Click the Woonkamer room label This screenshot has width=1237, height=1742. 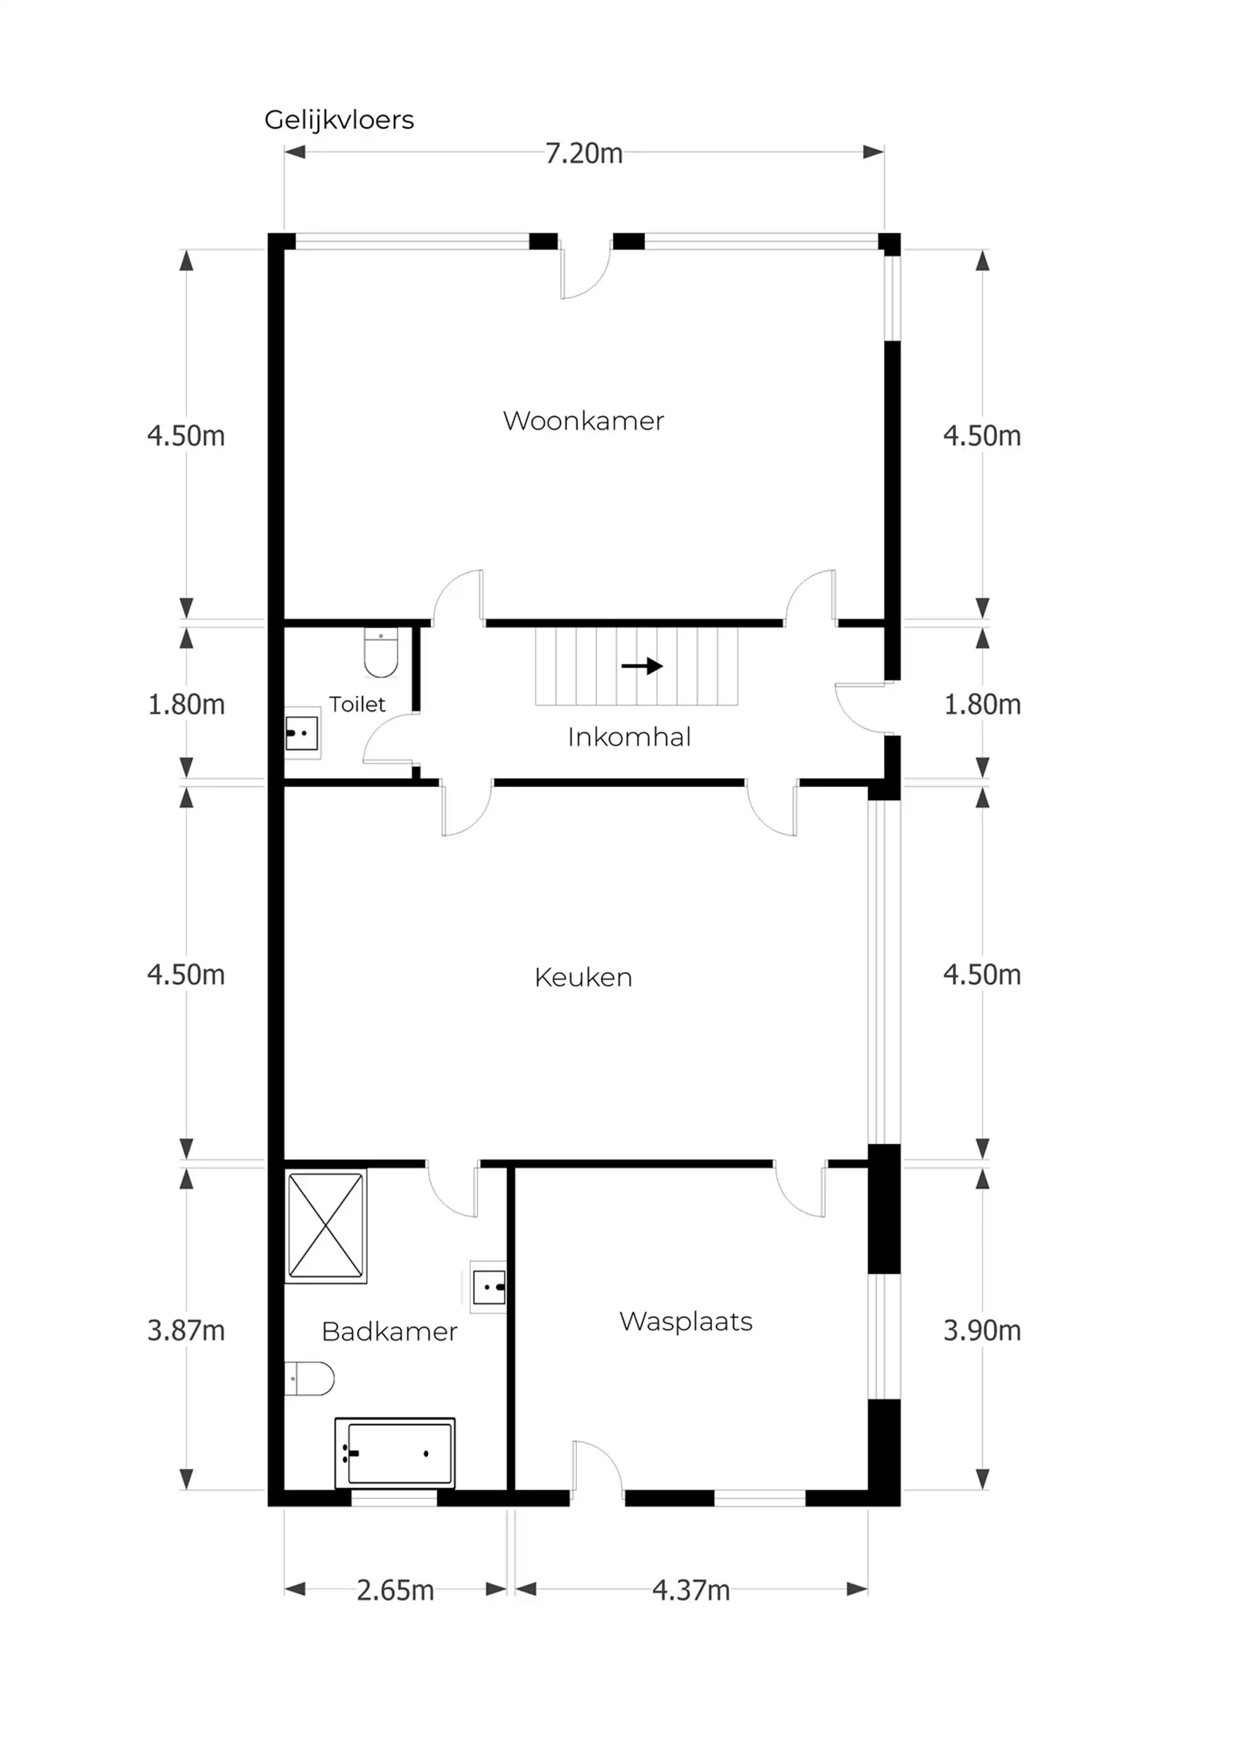tap(583, 421)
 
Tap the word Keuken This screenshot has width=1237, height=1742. tap(583, 977)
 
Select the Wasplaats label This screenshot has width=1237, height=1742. tap(685, 1321)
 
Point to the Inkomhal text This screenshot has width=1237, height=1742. tap(629, 737)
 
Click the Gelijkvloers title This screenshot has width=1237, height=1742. tap(339, 119)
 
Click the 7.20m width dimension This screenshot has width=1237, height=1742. tap(583, 153)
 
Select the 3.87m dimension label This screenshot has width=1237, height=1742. tap(186, 1330)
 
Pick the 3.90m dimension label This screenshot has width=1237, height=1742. tap(982, 1330)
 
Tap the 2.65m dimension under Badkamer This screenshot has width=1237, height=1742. tap(395, 1590)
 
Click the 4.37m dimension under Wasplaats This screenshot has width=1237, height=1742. tap(690, 1590)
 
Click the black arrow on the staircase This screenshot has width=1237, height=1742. tap(641, 666)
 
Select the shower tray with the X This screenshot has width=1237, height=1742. tap(325, 1225)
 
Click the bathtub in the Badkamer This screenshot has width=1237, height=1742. tap(395, 1453)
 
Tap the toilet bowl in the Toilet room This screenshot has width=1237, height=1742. tap(381, 653)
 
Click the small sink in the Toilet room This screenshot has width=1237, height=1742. tap(302, 733)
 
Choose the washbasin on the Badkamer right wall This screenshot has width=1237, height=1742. tap(488, 1288)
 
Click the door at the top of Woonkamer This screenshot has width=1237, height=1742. tap(585, 270)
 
